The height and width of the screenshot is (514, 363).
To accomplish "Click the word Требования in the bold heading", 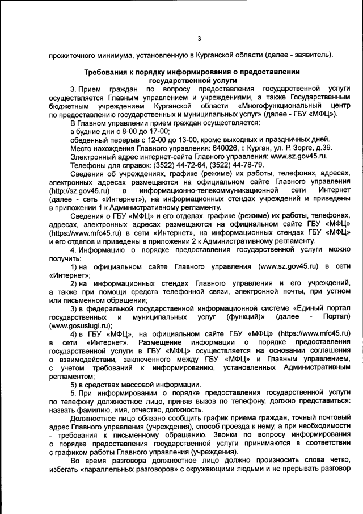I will click(108, 73).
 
